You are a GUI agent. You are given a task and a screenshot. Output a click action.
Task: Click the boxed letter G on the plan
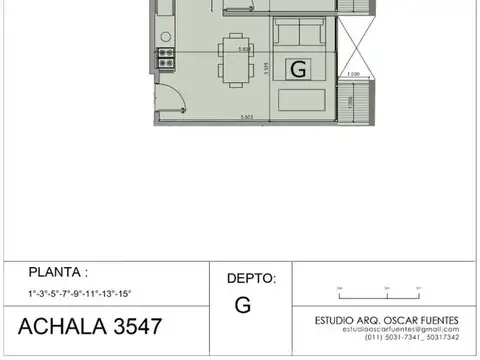click(x=297, y=69)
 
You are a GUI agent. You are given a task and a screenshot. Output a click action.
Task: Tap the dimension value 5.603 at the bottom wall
click(x=246, y=118)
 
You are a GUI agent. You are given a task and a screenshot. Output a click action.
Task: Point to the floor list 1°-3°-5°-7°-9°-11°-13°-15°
click(x=80, y=292)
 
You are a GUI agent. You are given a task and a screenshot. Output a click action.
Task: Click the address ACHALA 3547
click(x=90, y=327)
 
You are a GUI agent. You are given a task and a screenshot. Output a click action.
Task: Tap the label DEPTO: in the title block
click(x=251, y=279)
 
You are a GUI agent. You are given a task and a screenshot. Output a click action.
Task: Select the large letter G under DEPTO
click(x=243, y=305)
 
